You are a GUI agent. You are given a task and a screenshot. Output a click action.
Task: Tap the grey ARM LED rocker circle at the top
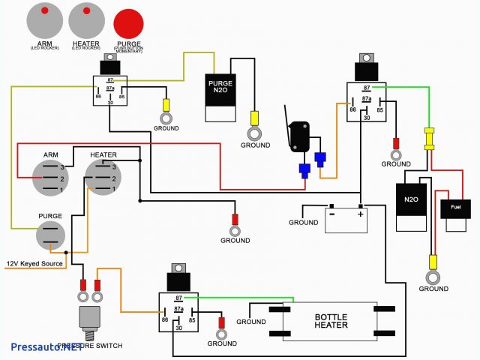click(45, 19)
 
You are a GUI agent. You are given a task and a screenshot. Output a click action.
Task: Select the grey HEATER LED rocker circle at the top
click(87, 19)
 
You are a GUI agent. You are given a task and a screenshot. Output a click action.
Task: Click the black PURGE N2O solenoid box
click(223, 97)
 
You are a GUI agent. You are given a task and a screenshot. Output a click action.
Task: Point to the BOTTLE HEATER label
click(331, 322)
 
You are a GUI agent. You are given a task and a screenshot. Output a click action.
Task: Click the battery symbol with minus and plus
click(346, 219)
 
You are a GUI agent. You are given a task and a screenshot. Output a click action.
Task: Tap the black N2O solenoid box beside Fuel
click(411, 199)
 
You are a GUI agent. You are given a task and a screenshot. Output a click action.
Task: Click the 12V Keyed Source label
click(34, 263)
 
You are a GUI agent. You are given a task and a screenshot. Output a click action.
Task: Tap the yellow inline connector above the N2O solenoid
click(429, 139)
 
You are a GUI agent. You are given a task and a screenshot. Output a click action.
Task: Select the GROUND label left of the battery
click(303, 223)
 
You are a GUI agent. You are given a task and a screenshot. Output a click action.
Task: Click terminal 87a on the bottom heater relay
click(179, 308)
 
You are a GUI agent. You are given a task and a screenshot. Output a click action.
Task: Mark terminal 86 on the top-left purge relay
click(98, 97)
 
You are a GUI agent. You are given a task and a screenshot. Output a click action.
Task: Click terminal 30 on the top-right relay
click(365, 117)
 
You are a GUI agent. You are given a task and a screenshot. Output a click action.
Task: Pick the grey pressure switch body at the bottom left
click(91, 317)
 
